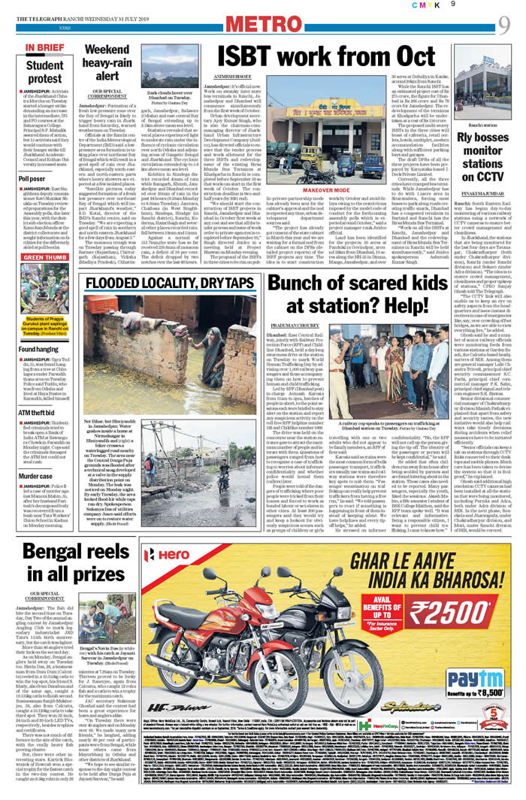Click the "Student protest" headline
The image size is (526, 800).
pyautogui.click(x=45, y=71)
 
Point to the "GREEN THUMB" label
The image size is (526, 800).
pyautogui.click(x=47, y=256)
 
